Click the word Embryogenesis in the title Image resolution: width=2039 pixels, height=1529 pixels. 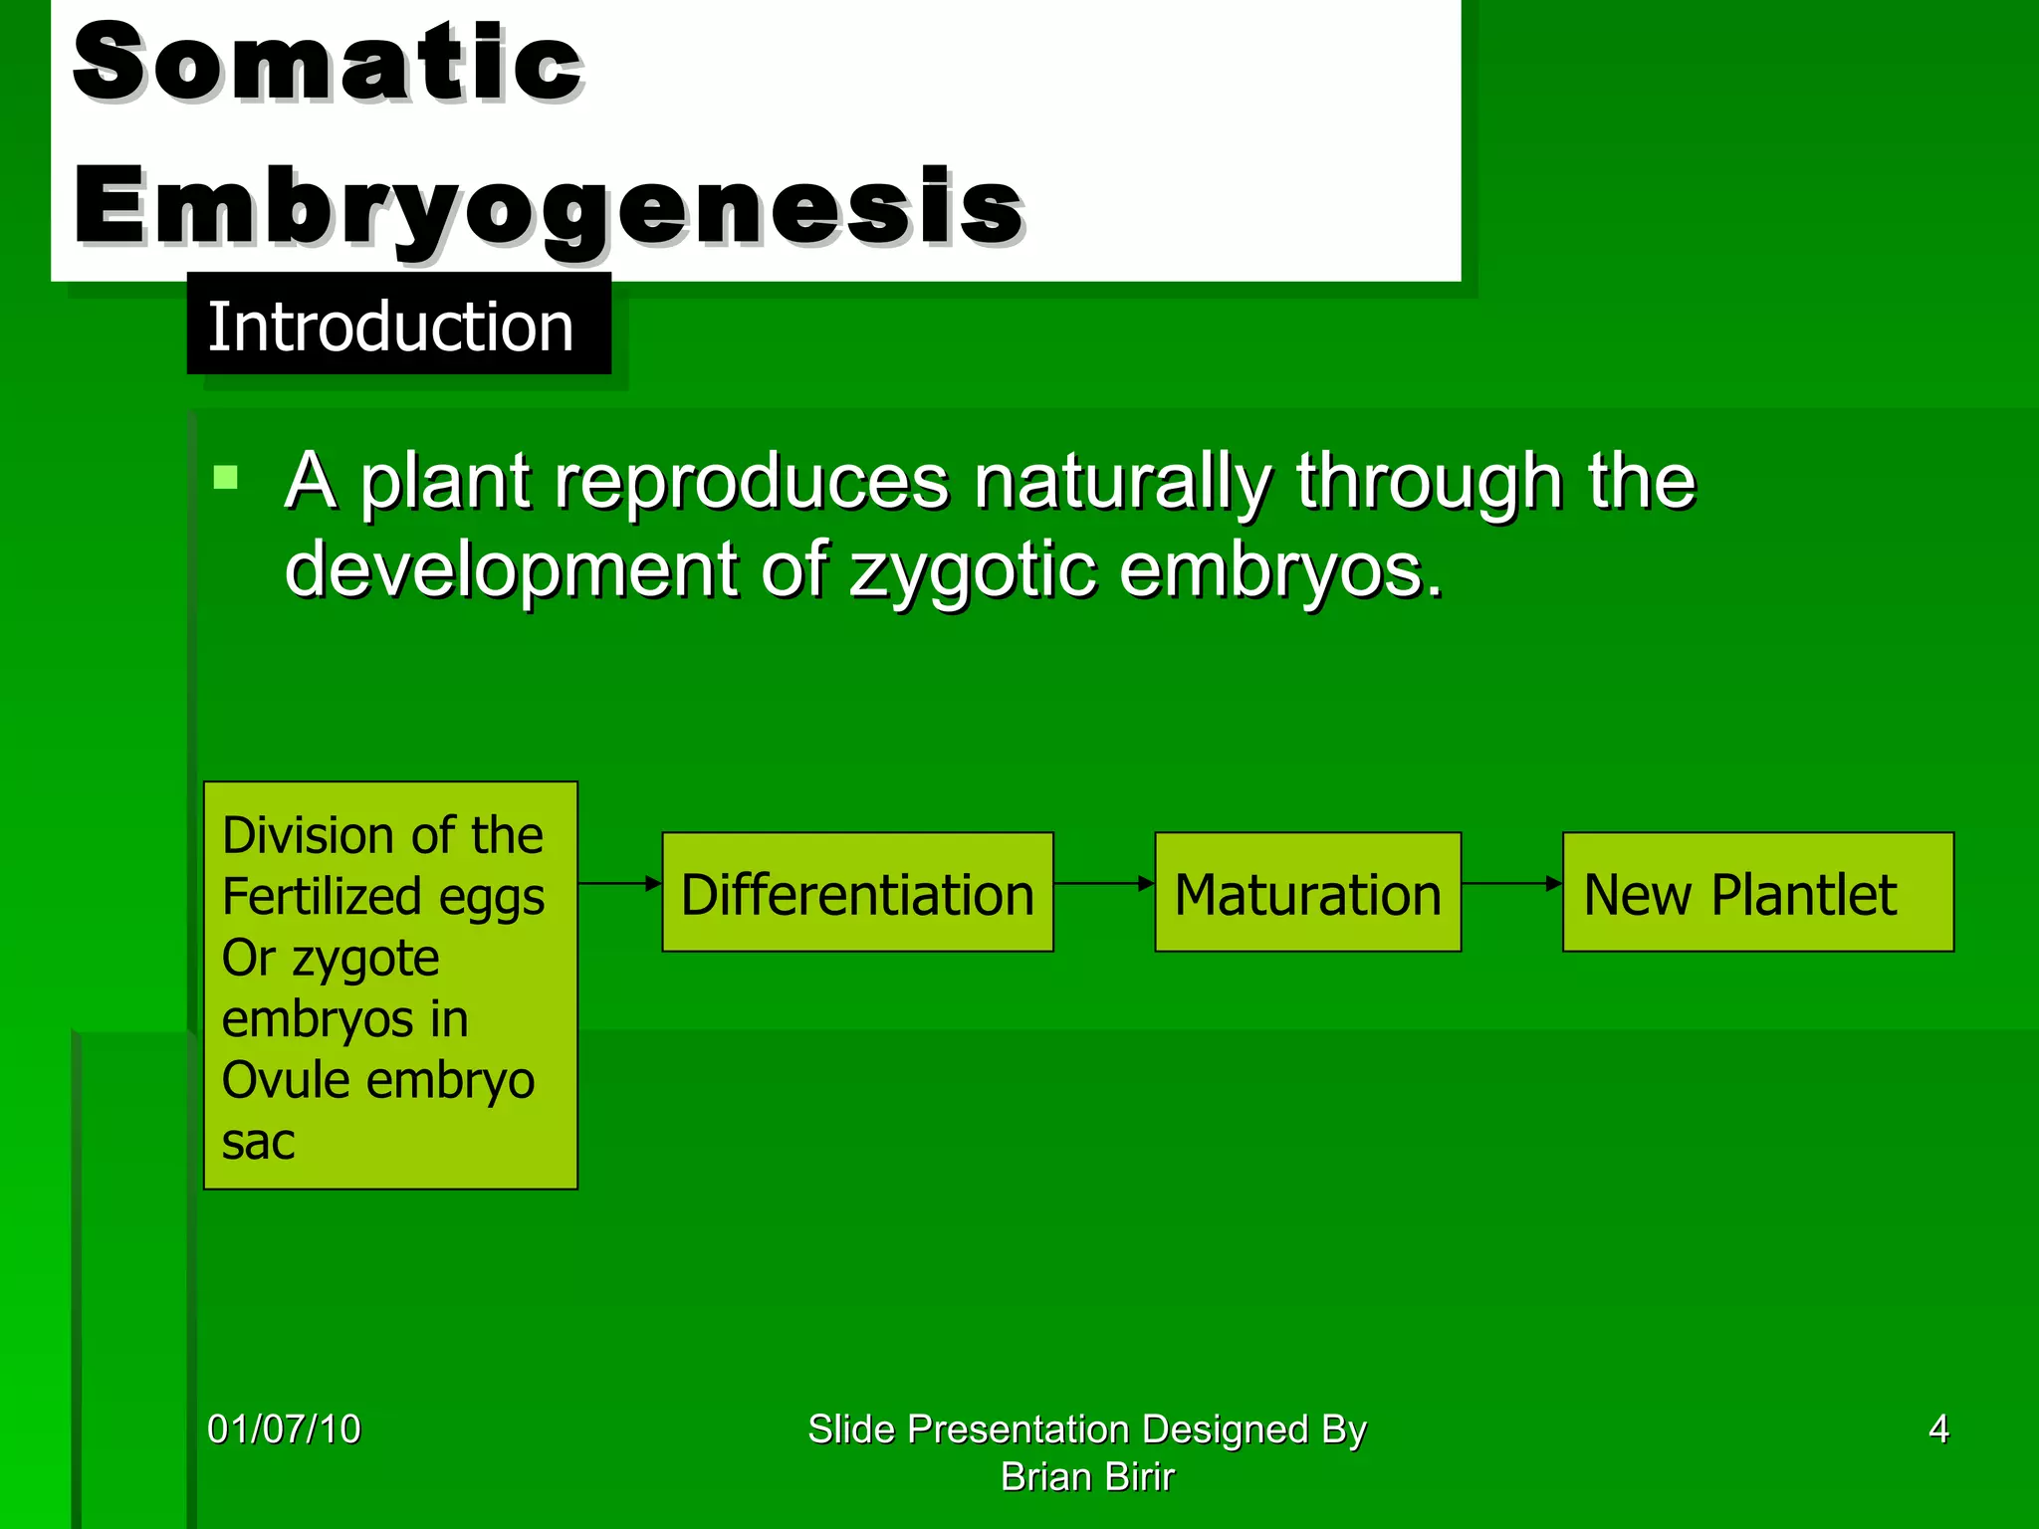click(548, 207)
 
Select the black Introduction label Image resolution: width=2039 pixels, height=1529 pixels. click(398, 326)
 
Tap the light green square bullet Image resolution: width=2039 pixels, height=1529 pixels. click(226, 478)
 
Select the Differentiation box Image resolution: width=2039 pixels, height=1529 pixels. click(857, 893)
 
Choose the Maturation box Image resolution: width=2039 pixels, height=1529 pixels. click(1307, 893)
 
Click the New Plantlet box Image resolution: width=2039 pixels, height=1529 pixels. click(1757, 893)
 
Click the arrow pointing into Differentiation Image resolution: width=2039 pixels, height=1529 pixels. click(619, 883)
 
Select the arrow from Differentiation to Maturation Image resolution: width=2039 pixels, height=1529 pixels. click(1103, 883)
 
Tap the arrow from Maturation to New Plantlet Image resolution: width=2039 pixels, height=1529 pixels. click(1511, 883)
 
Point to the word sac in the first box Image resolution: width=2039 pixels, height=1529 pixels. click(258, 1142)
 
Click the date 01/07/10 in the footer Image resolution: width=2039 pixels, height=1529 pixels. click(284, 1429)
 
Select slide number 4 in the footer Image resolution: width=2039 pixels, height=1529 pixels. click(1937, 1429)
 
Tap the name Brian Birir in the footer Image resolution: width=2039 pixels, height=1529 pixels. click(1087, 1477)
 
